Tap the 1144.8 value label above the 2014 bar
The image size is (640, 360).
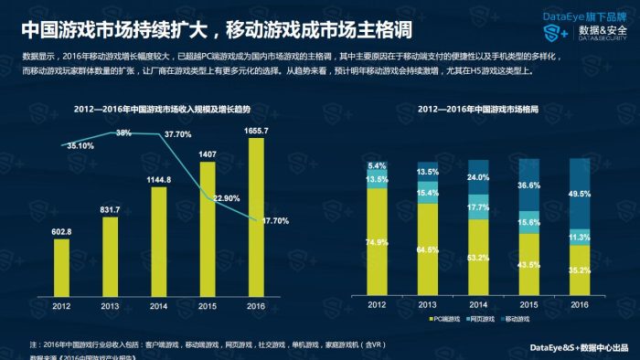click(159, 179)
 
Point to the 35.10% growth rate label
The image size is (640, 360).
click(80, 145)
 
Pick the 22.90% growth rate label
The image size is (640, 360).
click(229, 197)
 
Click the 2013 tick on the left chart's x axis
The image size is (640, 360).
click(110, 307)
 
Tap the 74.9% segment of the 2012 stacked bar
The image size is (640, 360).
click(378, 242)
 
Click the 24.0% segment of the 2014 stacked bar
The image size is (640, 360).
click(477, 177)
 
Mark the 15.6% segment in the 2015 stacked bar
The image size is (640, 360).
click(528, 222)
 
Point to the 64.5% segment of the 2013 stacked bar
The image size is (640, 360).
click(428, 249)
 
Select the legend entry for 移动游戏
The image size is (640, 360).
click(520, 321)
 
